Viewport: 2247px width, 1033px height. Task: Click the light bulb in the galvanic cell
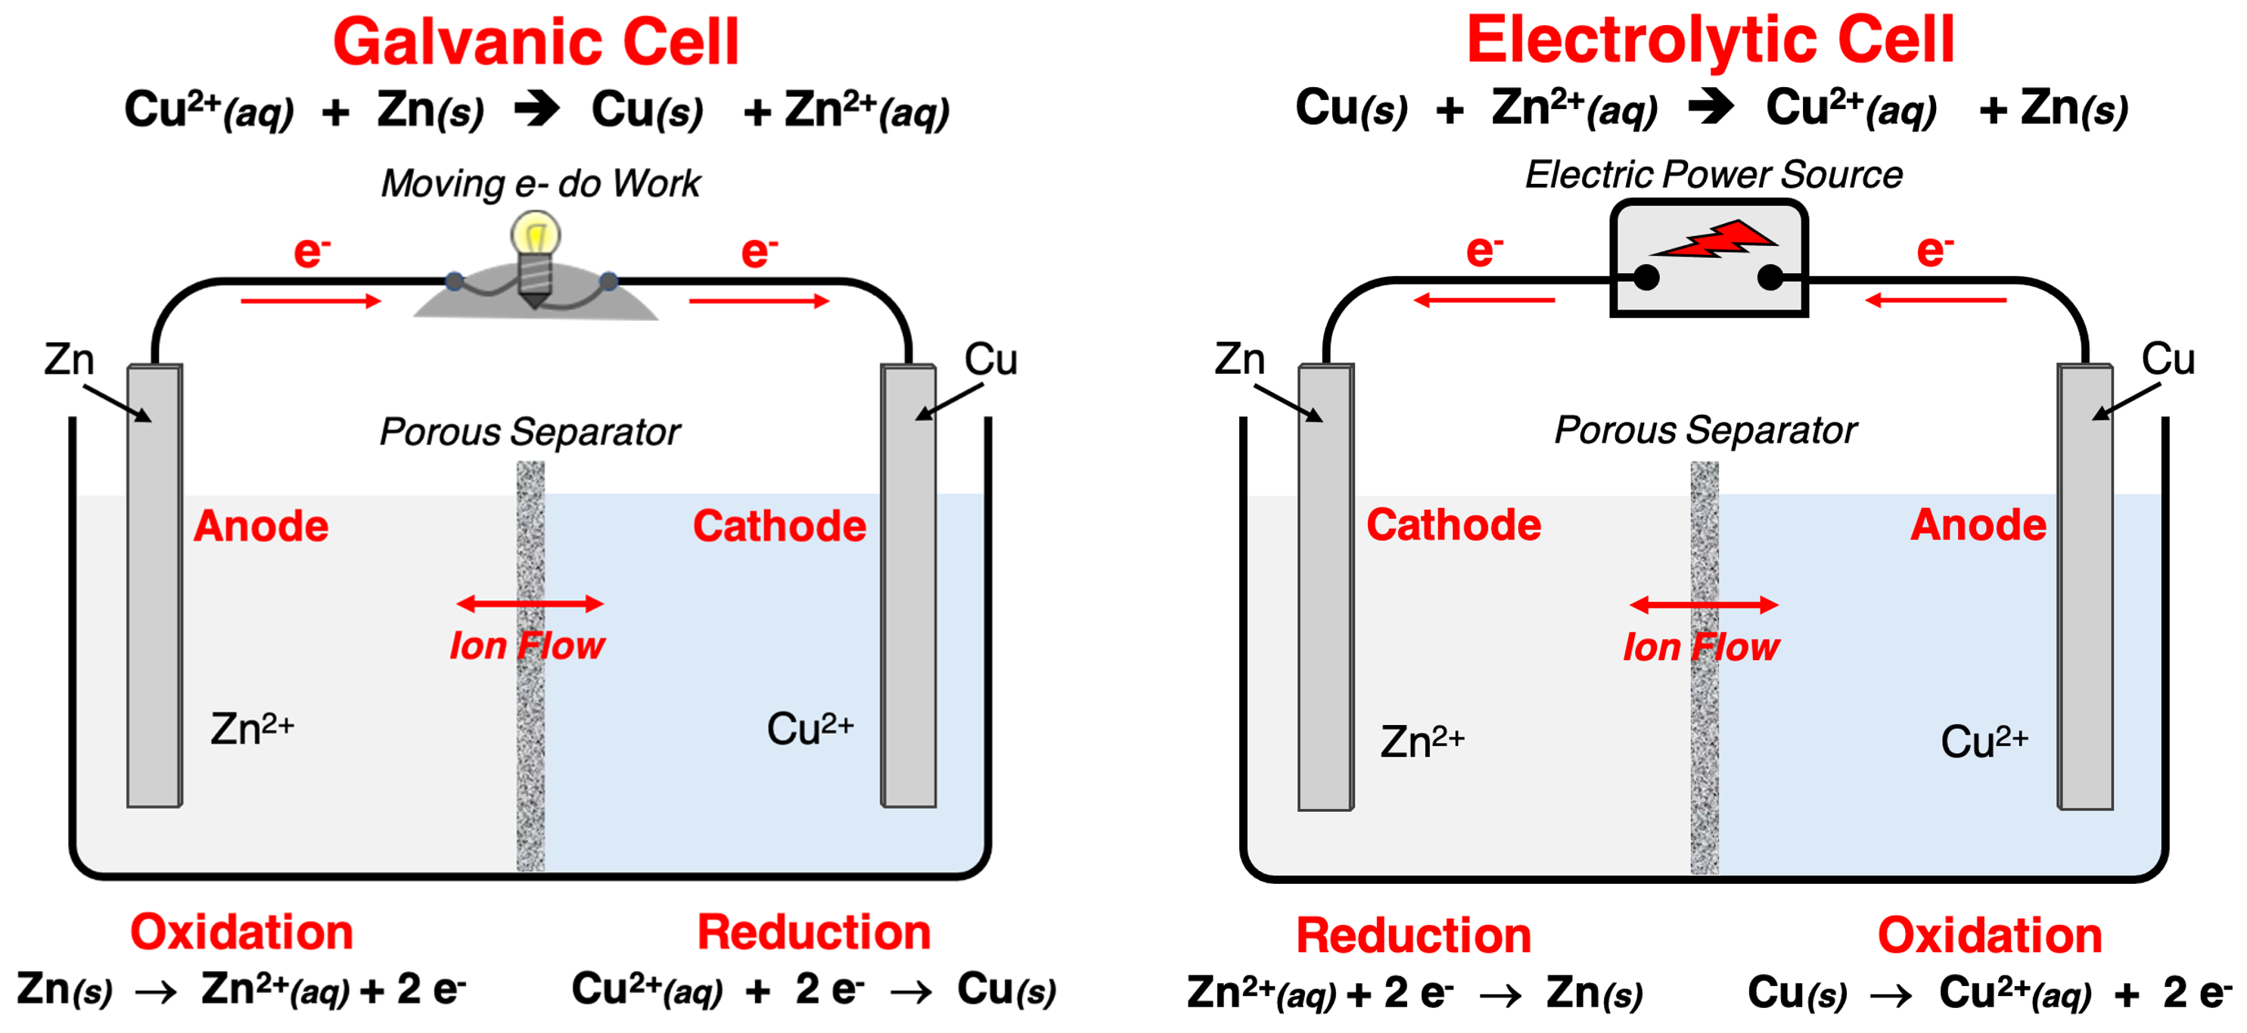535,238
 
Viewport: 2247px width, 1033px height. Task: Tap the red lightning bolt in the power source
1712,240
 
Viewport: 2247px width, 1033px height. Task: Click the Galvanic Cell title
536,42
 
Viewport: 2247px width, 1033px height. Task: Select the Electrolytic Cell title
1710,40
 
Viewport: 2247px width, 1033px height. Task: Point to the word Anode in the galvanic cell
261,526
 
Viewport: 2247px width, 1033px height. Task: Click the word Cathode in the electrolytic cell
1453,525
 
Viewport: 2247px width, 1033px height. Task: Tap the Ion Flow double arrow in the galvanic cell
530,603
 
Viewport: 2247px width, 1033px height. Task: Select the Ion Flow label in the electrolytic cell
1700,647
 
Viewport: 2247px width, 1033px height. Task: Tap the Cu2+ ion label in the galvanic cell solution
810,729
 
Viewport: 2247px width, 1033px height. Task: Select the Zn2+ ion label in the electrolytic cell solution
1422,741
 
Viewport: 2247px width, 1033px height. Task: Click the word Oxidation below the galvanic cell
241,932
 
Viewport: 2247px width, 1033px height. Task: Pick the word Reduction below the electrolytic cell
1413,935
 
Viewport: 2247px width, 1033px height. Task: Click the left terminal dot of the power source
1646,278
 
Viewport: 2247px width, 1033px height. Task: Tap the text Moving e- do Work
541,184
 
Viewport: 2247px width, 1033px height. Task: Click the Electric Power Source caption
1713,175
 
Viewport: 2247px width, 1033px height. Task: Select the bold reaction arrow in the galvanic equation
536,110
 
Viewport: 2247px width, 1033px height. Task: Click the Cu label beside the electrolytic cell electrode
2168,359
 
